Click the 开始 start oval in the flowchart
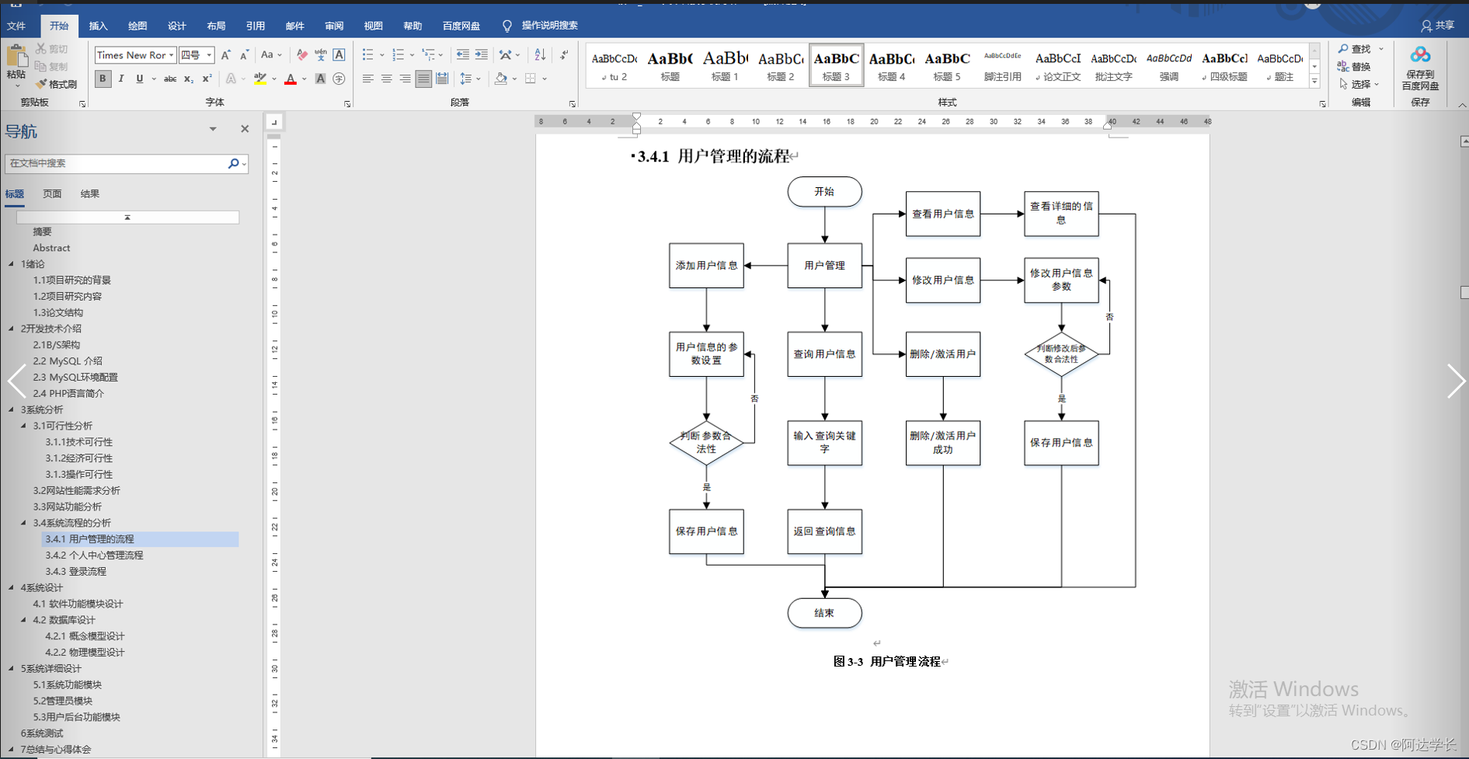824,192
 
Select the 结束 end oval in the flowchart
824,613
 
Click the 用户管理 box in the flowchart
824,266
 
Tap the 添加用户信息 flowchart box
706,266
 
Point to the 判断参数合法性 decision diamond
706,443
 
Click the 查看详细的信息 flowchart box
1061,214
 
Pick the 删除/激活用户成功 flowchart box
943,443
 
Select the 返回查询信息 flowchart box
824,531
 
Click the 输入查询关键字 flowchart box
824,443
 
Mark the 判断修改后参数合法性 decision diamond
1061,354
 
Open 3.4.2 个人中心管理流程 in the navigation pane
94,555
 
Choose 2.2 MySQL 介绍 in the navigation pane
68,361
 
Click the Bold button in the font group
103,78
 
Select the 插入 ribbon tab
99,26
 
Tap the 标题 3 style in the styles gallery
836,64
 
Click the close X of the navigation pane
245,129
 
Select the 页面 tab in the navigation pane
52,194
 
